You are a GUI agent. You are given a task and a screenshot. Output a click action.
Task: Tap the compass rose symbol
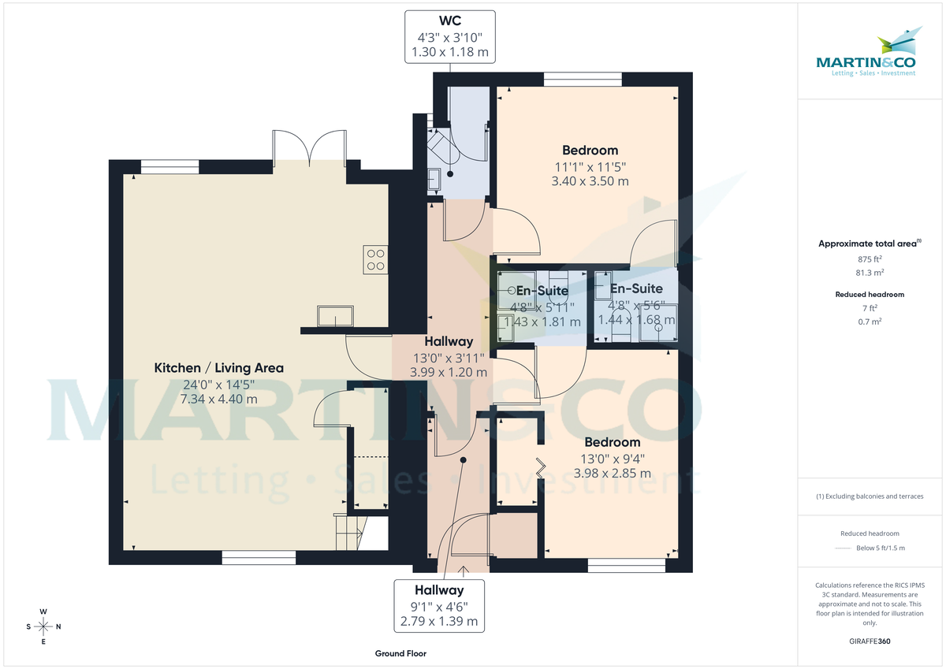point(44,626)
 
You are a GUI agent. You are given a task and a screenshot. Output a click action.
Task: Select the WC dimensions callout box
point(449,37)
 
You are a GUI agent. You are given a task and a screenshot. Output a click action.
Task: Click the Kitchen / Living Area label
point(218,368)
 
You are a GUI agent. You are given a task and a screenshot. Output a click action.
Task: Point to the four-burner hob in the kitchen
point(375,259)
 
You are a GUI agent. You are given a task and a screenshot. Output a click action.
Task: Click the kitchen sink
point(336,316)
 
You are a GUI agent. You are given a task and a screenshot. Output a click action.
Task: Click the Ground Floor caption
point(401,653)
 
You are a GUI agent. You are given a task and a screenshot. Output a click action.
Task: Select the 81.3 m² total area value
point(870,272)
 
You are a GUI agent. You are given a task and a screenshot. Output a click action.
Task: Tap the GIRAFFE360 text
point(870,641)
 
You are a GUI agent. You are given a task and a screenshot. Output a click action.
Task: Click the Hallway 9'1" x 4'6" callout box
point(439,605)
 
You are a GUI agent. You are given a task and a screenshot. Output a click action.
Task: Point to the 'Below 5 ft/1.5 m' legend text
point(881,548)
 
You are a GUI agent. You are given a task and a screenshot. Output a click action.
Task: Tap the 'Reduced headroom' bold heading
point(870,294)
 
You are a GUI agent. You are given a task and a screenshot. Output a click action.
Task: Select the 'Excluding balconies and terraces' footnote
point(870,496)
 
